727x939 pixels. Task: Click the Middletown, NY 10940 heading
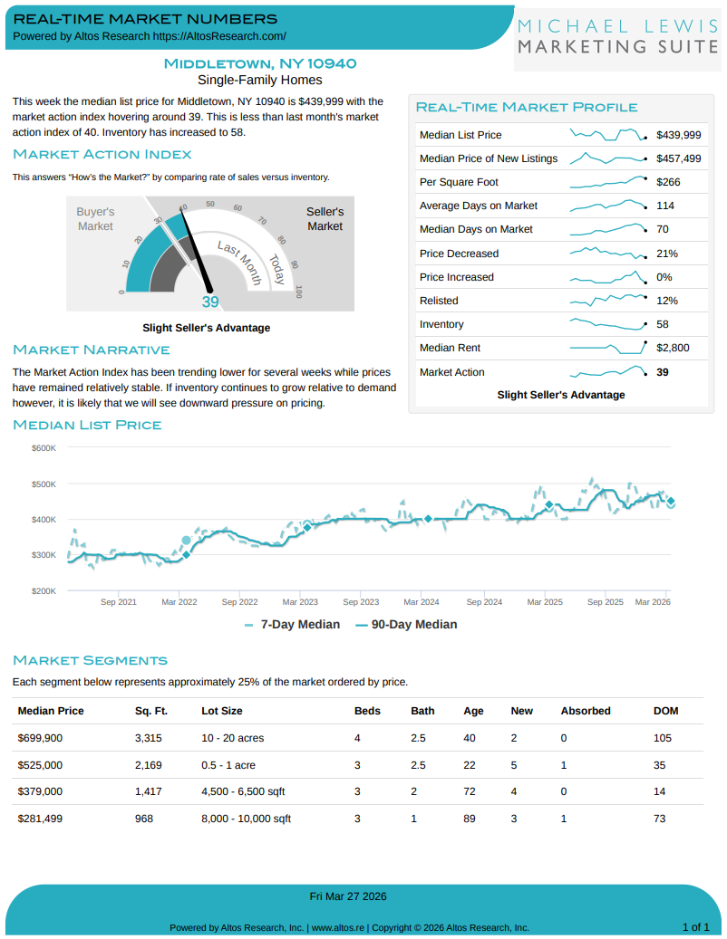pyautogui.click(x=260, y=63)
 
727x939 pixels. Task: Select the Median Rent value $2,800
pyautogui.click(x=673, y=348)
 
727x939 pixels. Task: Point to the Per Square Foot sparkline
pyautogui.click(x=607, y=182)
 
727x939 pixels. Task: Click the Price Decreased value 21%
pyautogui.click(x=666, y=254)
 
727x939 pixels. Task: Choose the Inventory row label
pyautogui.click(x=441, y=324)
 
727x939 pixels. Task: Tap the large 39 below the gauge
pyautogui.click(x=210, y=302)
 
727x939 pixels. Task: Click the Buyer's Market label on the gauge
pyautogui.click(x=95, y=218)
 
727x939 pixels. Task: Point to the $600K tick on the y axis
pyautogui.click(x=44, y=448)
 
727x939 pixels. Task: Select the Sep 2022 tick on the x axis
pyautogui.click(x=240, y=601)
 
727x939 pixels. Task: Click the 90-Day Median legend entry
pyautogui.click(x=405, y=624)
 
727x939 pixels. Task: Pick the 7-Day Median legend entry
pyautogui.click(x=292, y=624)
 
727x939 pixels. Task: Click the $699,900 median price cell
pyautogui.click(x=41, y=738)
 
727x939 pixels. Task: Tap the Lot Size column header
pyautogui.click(x=221, y=711)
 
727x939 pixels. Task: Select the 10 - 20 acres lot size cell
pyautogui.click(x=233, y=738)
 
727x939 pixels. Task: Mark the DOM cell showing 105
pyautogui.click(x=663, y=738)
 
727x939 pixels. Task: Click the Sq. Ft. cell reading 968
pyautogui.click(x=144, y=819)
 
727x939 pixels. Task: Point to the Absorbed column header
pyautogui.click(x=586, y=711)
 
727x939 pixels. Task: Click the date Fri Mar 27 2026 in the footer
pyautogui.click(x=348, y=896)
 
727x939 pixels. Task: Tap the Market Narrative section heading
pyautogui.click(x=92, y=350)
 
